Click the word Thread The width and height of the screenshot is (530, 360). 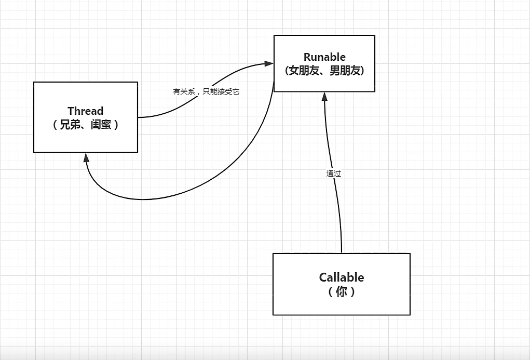[86, 111]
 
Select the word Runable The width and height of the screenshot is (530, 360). [324, 57]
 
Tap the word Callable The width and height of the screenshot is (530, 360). [342, 277]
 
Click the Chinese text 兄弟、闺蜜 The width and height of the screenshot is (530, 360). [86, 125]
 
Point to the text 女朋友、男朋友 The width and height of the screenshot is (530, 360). [324, 71]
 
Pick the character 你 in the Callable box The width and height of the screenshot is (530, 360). [342, 291]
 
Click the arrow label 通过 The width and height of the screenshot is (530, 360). [334, 174]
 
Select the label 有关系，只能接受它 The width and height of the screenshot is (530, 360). [206, 91]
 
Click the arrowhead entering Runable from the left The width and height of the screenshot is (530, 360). [269, 63]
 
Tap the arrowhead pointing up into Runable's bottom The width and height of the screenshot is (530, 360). [324, 97]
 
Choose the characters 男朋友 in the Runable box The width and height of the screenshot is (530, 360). [345, 71]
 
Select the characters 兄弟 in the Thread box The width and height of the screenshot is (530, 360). [72, 125]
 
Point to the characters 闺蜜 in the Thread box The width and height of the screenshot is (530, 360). [100, 125]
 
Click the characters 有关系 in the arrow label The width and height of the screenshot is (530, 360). [184, 91]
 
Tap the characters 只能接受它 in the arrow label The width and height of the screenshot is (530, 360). [221, 91]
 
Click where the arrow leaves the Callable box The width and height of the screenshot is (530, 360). [342, 252]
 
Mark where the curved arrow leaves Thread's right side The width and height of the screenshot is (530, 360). [139, 117]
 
